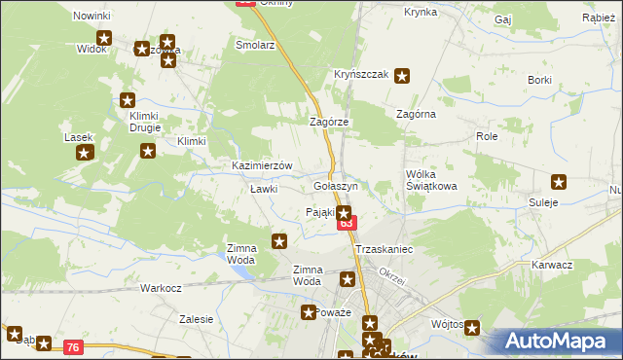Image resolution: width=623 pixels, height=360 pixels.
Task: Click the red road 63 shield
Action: click(346, 225)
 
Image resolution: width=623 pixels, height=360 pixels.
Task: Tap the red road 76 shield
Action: click(73, 346)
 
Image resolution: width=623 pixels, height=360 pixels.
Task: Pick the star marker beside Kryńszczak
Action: click(402, 75)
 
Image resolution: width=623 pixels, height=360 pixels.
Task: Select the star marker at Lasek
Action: click(85, 153)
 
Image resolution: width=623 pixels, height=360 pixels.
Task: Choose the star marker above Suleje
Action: click(559, 182)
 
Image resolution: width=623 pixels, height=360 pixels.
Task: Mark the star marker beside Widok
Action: click(104, 39)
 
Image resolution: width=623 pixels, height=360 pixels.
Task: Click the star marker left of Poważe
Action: click(309, 312)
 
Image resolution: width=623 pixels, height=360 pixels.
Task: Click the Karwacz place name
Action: click(552, 265)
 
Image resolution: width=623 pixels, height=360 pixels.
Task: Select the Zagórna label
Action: click(416, 114)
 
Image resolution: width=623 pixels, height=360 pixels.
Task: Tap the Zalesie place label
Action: click(196, 318)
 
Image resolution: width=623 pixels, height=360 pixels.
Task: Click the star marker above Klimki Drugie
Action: click(128, 99)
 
